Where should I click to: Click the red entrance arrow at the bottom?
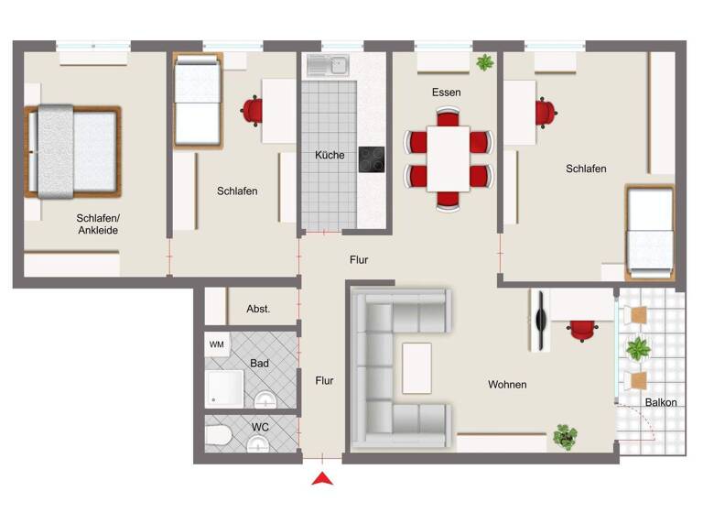coord(321,478)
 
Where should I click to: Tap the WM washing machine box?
coord(217,344)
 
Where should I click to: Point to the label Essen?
coord(447,93)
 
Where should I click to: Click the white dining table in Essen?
coord(449,158)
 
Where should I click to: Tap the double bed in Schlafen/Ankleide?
coord(73,151)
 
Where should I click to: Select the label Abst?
coord(258,309)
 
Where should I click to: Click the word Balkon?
coord(661,403)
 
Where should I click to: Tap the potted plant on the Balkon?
coord(637,348)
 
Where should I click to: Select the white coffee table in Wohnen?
coord(416,366)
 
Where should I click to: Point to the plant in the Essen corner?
coord(483,62)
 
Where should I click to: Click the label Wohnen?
coord(507,385)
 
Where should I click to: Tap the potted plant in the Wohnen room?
coord(566,435)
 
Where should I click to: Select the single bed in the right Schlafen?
coord(649,232)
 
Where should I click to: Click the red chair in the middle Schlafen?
coord(253,110)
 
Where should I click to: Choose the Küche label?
coord(330,155)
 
